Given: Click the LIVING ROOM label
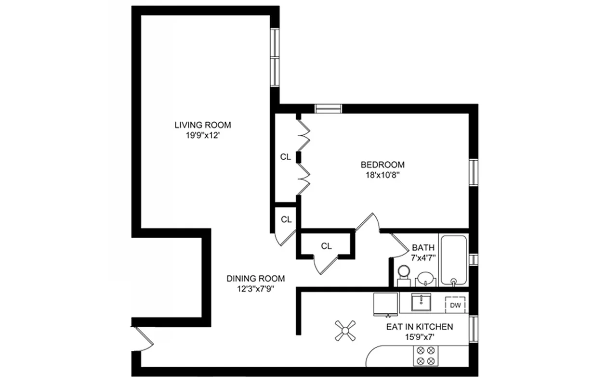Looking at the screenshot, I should pos(202,125).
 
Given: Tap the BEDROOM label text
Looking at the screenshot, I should pos(382,165).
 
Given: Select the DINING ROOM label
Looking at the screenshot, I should pos(255,279).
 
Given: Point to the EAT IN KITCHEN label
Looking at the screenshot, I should pos(419,327).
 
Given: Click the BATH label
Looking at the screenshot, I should pos(423,247).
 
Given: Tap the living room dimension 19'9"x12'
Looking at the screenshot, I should pos(202,135).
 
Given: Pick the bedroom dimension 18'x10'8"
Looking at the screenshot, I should pos(382,175).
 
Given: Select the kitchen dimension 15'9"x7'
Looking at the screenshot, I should pos(419,337).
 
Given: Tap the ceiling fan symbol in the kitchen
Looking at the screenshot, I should pos(345,331).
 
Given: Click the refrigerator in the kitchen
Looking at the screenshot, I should pos(386,303).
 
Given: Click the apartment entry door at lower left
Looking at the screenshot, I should pos(142,339).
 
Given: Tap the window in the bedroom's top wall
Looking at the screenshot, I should pos(328,108).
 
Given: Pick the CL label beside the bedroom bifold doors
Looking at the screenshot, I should pos(285,157).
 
